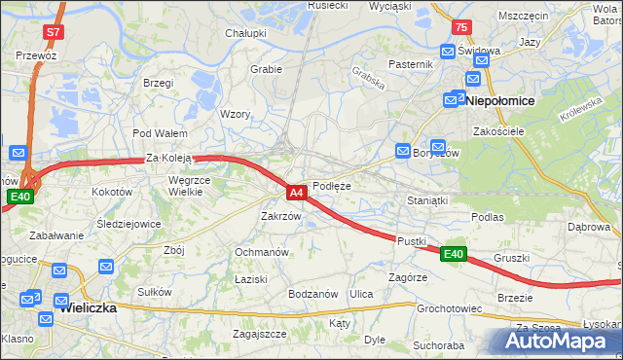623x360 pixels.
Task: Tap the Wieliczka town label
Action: pyautogui.click(x=88, y=307)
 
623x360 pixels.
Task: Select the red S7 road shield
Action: pyautogui.click(x=55, y=32)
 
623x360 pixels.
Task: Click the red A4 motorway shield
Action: pyautogui.click(x=298, y=193)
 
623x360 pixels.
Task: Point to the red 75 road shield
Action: pyautogui.click(x=460, y=28)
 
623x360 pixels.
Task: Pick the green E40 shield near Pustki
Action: pyautogui.click(x=453, y=254)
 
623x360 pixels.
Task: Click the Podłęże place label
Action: pyautogui.click(x=331, y=186)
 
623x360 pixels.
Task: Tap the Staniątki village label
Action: pyautogui.click(x=426, y=199)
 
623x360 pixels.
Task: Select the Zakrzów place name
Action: pyautogui.click(x=280, y=216)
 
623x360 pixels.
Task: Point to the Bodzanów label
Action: pyautogui.click(x=312, y=294)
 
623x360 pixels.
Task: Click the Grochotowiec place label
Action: pyautogui.click(x=450, y=308)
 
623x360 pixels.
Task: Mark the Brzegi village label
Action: pyautogui.click(x=158, y=84)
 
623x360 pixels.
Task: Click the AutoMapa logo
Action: pyautogui.click(x=559, y=341)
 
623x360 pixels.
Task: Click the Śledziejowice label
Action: pyautogui.click(x=128, y=223)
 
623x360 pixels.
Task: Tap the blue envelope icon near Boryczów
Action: pyautogui.click(x=403, y=151)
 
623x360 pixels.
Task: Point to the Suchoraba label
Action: pyautogui.click(x=438, y=344)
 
